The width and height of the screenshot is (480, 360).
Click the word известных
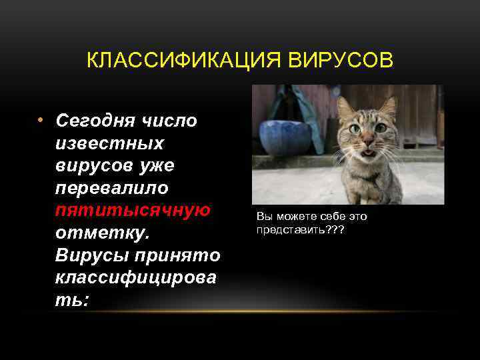[109, 144]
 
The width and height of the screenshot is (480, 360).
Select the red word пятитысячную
[133, 211]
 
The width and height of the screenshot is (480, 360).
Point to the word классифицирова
[136, 278]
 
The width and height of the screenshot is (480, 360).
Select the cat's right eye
[381, 127]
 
